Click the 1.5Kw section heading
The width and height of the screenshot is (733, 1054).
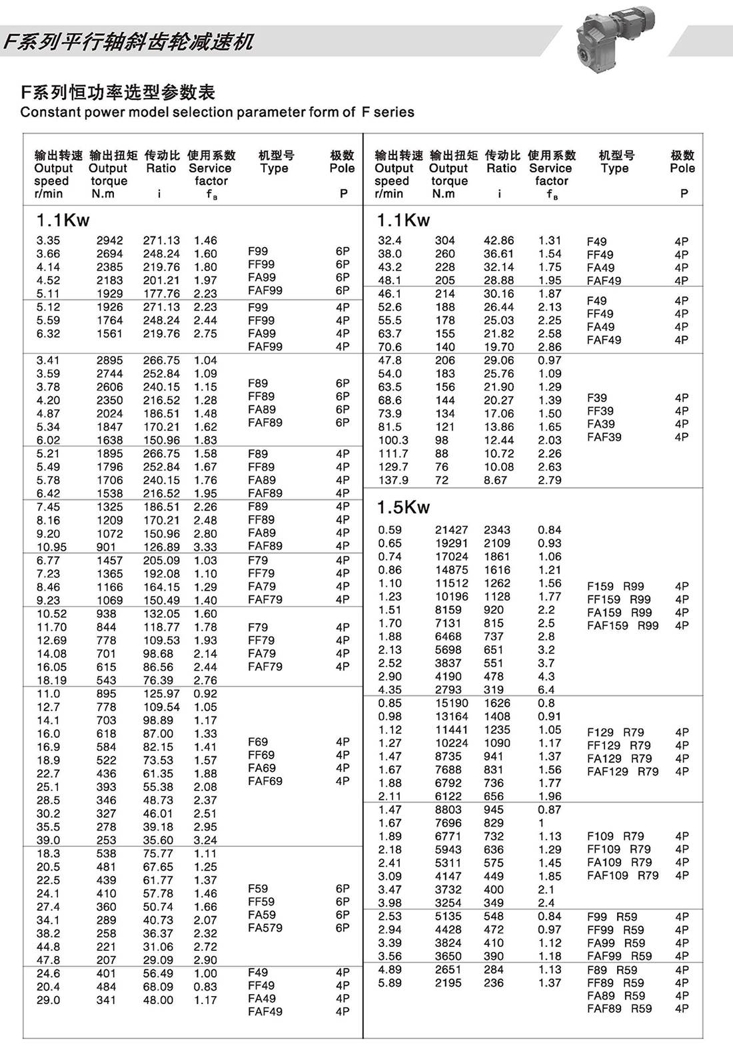click(x=403, y=507)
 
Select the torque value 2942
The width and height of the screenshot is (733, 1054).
click(x=109, y=240)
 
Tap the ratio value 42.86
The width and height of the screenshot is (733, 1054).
click(x=499, y=240)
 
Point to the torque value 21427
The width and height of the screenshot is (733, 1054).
click(x=451, y=530)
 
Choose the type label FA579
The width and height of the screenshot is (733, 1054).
click(x=265, y=927)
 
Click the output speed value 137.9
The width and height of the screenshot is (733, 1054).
click(x=393, y=480)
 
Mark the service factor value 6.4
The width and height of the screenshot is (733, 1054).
click(x=546, y=690)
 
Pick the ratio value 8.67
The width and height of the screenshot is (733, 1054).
click(x=495, y=480)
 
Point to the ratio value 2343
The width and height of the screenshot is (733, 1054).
click(x=497, y=530)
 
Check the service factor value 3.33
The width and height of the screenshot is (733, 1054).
click(x=205, y=547)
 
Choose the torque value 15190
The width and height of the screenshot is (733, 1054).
click(x=451, y=703)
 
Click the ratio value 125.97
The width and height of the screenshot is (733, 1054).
click(x=161, y=694)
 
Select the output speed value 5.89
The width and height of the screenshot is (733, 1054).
click(x=390, y=983)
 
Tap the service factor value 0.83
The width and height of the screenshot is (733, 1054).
click(x=205, y=987)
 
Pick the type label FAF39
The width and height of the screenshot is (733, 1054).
click(x=604, y=437)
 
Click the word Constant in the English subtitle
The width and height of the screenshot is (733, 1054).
click(x=47, y=113)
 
